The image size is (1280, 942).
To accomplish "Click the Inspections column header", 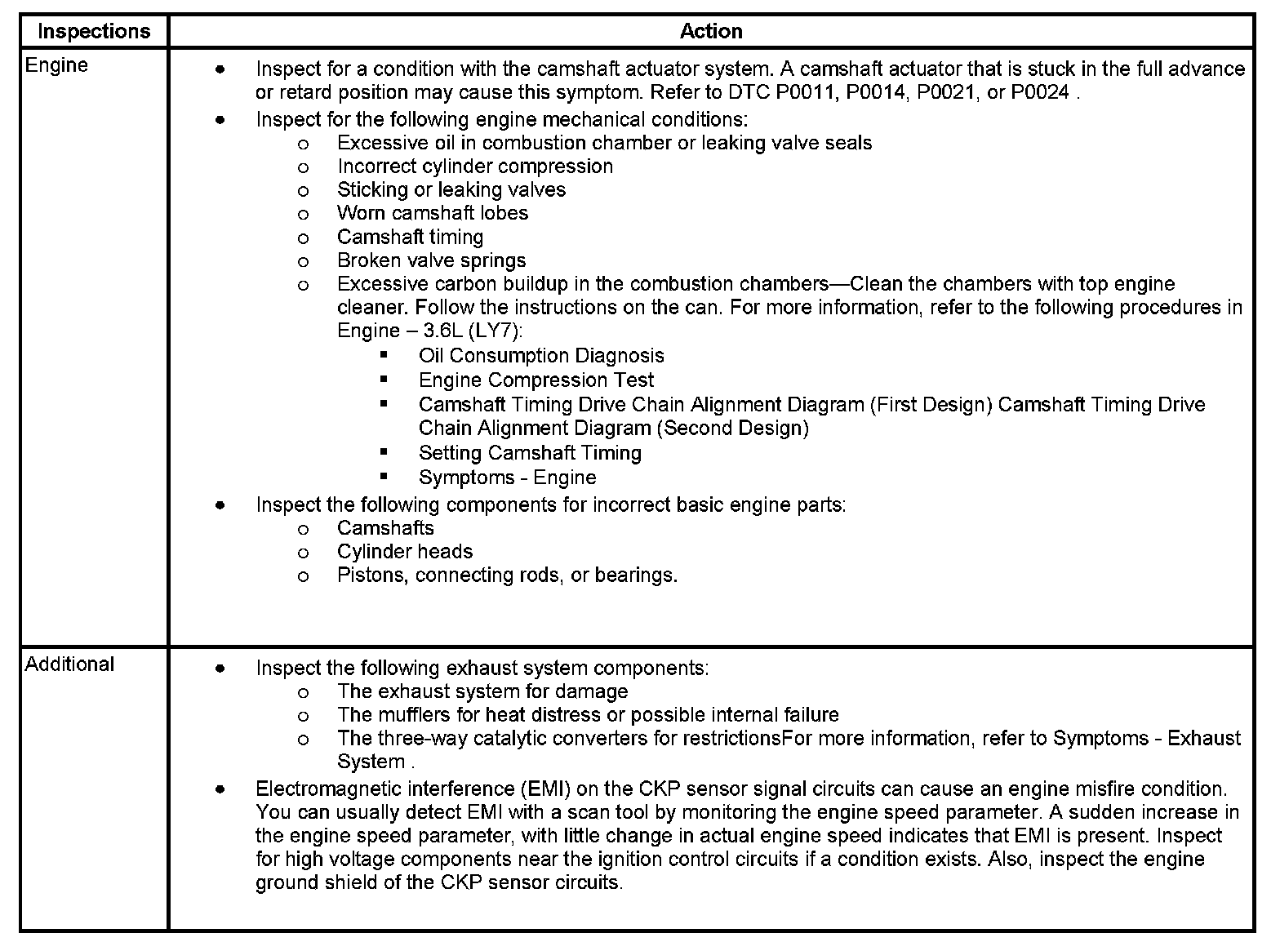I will tap(94, 31).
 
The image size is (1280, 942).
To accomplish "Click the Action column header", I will tap(711, 31).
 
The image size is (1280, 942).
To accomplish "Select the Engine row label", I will tap(56, 65).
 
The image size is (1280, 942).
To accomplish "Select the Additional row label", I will tap(69, 664).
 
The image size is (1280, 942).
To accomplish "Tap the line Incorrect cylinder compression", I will tap(474, 167).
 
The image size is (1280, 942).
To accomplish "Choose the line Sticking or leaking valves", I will tap(451, 190).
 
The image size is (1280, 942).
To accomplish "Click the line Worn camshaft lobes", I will tap(432, 213).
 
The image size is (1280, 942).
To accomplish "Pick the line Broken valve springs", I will tap(431, 260).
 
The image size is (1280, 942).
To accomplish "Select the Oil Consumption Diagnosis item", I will tap(541, 356).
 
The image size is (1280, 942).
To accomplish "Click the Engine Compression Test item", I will tap(536, 380).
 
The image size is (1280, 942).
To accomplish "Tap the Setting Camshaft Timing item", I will tap(530, 453).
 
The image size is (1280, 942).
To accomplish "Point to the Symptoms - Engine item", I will tap(507, 478).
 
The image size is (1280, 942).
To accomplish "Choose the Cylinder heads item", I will tap(404, 552).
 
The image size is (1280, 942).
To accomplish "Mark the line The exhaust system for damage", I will tap(482, 692).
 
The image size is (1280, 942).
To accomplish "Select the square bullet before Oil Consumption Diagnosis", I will tap(384, 356).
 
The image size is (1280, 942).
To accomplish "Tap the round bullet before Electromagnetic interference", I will tap(220, 789).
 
